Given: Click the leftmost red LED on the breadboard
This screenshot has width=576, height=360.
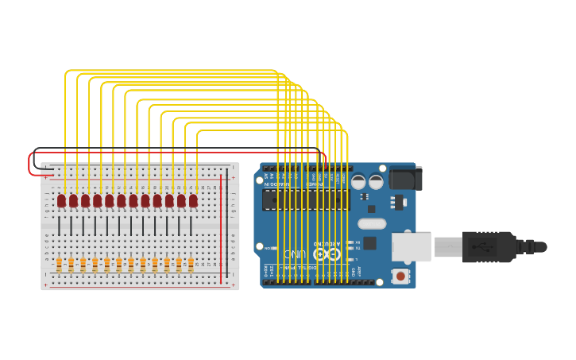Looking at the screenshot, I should (x=61, y=200).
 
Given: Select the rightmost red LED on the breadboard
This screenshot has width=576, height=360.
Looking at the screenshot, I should (x=193, y=200).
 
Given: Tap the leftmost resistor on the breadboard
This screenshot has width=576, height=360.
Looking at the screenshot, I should (x=59, y=263).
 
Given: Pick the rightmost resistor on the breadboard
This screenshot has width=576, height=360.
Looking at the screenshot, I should (x=191, y=263).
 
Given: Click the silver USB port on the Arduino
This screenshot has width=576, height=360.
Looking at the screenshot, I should (x=411, y=246).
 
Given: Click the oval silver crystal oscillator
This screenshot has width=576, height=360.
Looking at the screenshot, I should (x=372, y=224).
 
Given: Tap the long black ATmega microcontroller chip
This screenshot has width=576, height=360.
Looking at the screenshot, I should (x=306, y=199).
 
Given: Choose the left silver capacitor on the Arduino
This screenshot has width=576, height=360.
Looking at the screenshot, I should (x=359, y=182).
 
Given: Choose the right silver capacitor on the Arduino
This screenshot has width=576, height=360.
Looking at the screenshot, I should (x=376, y=182).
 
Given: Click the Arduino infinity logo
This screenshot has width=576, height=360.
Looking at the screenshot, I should (x=322, y=254).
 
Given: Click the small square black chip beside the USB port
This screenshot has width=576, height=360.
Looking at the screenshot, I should (x=369, y=243).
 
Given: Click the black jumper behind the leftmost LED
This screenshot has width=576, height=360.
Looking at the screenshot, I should (x=59, y=226).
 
